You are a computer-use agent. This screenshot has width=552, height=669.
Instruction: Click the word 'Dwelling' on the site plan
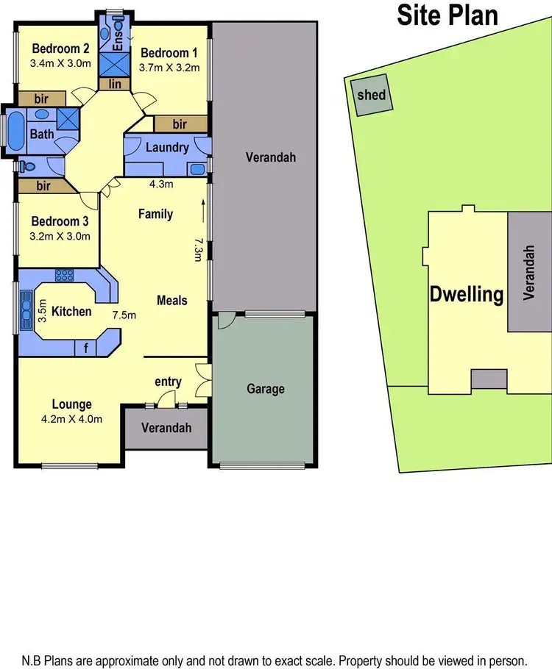tap(467, 296)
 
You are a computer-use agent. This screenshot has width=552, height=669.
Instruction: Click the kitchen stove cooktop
tap(65, 276)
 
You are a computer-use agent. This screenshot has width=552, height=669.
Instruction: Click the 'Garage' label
tap(265, 389)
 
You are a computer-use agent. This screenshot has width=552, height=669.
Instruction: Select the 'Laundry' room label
tap(167, 147)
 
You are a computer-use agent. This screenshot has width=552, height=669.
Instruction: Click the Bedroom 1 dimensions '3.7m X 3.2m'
tap(170, 67)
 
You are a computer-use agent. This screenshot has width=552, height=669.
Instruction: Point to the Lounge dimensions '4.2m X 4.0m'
tap(71, 419)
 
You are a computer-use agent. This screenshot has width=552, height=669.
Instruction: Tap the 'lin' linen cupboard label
tap(115, 84)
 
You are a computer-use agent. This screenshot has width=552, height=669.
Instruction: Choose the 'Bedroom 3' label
tap(55, 221)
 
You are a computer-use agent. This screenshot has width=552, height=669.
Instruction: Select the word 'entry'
tap(168, 381)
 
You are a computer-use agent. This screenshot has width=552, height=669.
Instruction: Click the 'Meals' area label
tap(171, 300)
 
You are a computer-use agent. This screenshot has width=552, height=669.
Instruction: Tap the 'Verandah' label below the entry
tap(166, 428)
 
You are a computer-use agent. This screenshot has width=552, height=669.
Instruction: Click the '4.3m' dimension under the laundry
tap(160, 185)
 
